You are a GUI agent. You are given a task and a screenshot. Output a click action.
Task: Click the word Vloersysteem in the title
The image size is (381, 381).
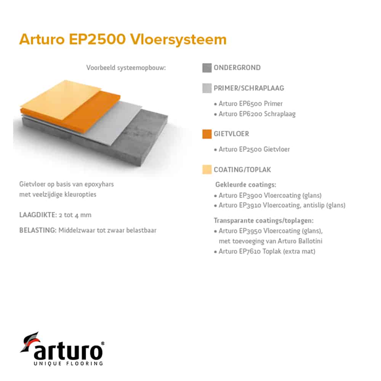[178, 39]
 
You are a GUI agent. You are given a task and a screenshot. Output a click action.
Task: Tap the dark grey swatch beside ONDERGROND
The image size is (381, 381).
[207, 68]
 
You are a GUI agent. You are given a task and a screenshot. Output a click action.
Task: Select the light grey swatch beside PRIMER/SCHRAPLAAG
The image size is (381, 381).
[207, 88]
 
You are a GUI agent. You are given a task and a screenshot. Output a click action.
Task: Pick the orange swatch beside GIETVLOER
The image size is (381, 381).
[207, 134]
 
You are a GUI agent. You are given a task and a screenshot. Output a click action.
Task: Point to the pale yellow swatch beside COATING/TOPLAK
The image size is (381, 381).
[207, 170]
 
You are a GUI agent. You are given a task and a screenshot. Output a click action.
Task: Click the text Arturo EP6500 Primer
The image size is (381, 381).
[251, 104]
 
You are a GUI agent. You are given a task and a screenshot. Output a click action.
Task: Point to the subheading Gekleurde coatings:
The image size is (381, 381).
[246, 185]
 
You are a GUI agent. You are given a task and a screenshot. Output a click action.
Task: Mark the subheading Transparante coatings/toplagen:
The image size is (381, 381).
[264, 221]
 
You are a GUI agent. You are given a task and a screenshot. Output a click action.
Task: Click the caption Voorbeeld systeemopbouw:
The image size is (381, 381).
[126, 68]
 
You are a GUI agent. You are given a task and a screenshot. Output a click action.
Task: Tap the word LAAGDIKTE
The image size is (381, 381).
[38, 215]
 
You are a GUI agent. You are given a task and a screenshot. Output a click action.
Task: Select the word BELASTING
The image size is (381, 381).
[38, 231]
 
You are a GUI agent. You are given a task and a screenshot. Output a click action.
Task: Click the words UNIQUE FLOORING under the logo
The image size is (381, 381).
[68, 363]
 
